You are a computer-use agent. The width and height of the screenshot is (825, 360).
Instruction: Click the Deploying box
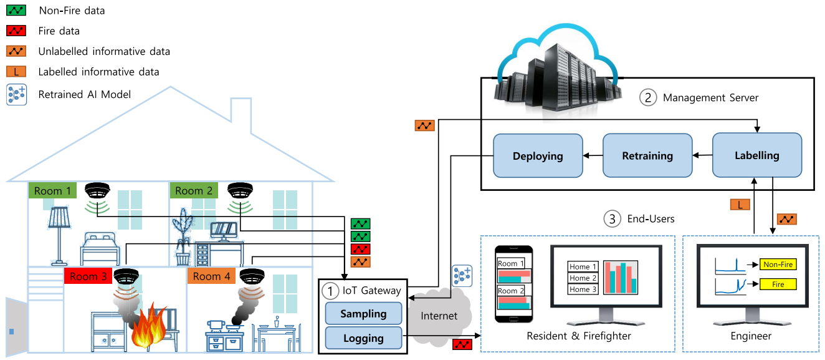coord(538,155)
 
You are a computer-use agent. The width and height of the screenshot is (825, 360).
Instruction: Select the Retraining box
coord(647,155)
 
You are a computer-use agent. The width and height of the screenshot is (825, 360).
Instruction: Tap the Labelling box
coord(756,155)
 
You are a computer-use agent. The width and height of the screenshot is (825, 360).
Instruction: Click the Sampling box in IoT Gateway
coord(363,314)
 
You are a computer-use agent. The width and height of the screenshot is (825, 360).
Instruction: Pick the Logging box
coord(363,338)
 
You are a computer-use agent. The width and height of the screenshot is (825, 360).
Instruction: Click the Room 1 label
coord(52,190)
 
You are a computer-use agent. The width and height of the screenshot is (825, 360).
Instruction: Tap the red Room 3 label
coord(88,276)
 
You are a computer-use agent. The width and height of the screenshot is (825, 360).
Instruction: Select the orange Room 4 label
coord(211,276)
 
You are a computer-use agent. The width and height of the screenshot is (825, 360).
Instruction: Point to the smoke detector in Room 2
coord(240,190)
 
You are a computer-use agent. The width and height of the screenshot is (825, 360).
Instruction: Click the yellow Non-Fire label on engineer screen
coord(778,265)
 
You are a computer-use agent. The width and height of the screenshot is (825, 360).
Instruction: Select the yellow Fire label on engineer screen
coord(778,285)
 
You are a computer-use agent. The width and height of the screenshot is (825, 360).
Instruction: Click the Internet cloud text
coord(439,316)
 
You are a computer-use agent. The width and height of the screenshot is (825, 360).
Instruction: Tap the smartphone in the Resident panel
coord(512,284)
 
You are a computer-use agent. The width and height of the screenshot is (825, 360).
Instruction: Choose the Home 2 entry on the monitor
coord(583,278)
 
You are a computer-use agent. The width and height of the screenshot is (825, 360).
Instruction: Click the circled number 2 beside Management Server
coord(648,97)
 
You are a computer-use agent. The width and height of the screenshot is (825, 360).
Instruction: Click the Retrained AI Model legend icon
coord(16,95)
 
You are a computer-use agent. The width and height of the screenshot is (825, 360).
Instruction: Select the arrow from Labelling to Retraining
coord(702,155)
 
